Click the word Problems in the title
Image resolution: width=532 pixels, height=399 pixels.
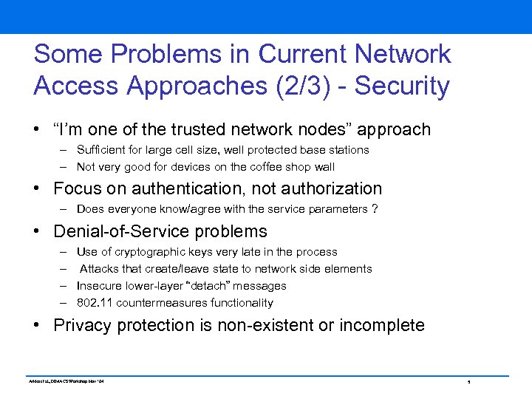(x=163, y=54)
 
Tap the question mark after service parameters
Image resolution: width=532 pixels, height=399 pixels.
(x=375, y=209)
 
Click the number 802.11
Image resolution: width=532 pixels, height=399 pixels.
(x=92, y=303)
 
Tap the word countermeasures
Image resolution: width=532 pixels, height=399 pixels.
(x=153, y=303)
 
